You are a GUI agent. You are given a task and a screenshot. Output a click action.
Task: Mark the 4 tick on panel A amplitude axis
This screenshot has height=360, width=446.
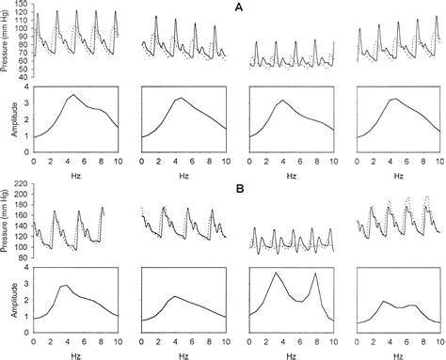point(26,88)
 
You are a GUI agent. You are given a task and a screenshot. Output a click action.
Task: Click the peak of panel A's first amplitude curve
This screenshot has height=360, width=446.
point(72,95)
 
